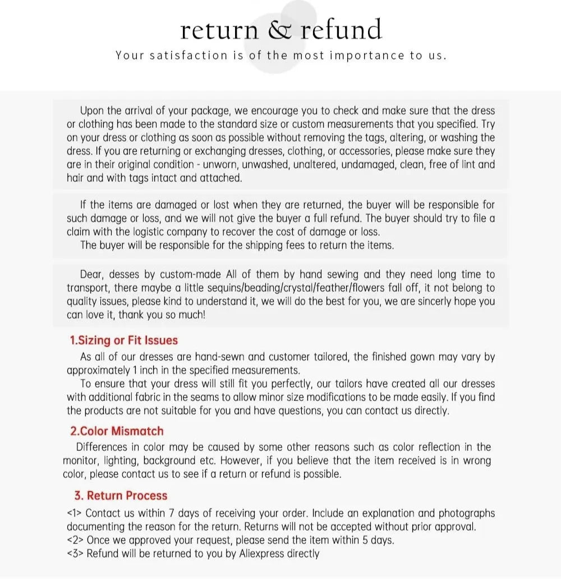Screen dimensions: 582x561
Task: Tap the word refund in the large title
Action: (341, 29)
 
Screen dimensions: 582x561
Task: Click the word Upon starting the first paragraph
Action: (92, 110)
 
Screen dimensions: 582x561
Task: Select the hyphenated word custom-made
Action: (191, 274)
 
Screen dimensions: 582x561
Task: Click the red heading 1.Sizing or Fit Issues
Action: (123, 340)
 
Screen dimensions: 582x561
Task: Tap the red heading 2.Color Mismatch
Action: (117, 431)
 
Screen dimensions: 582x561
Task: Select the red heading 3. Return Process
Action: (121, 496)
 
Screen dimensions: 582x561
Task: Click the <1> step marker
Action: (75, 513)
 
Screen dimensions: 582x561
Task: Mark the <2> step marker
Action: (75, 541)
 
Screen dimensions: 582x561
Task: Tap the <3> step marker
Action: (75, 554)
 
